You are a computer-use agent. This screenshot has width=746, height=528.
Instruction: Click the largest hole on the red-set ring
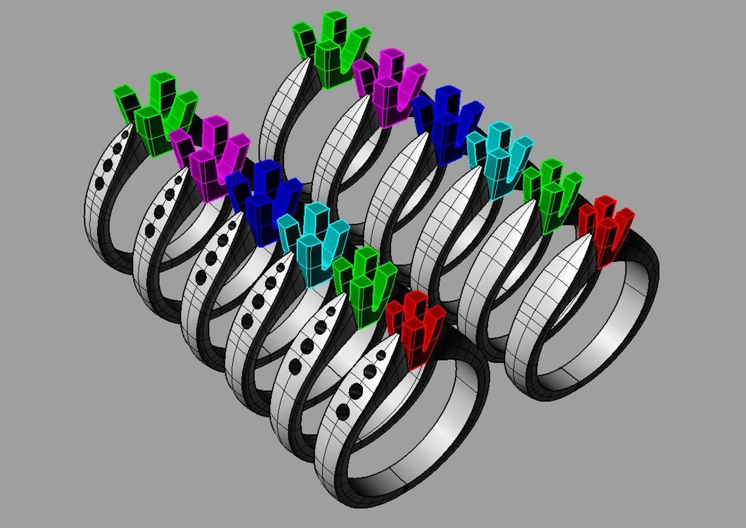tap(343, 413)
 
